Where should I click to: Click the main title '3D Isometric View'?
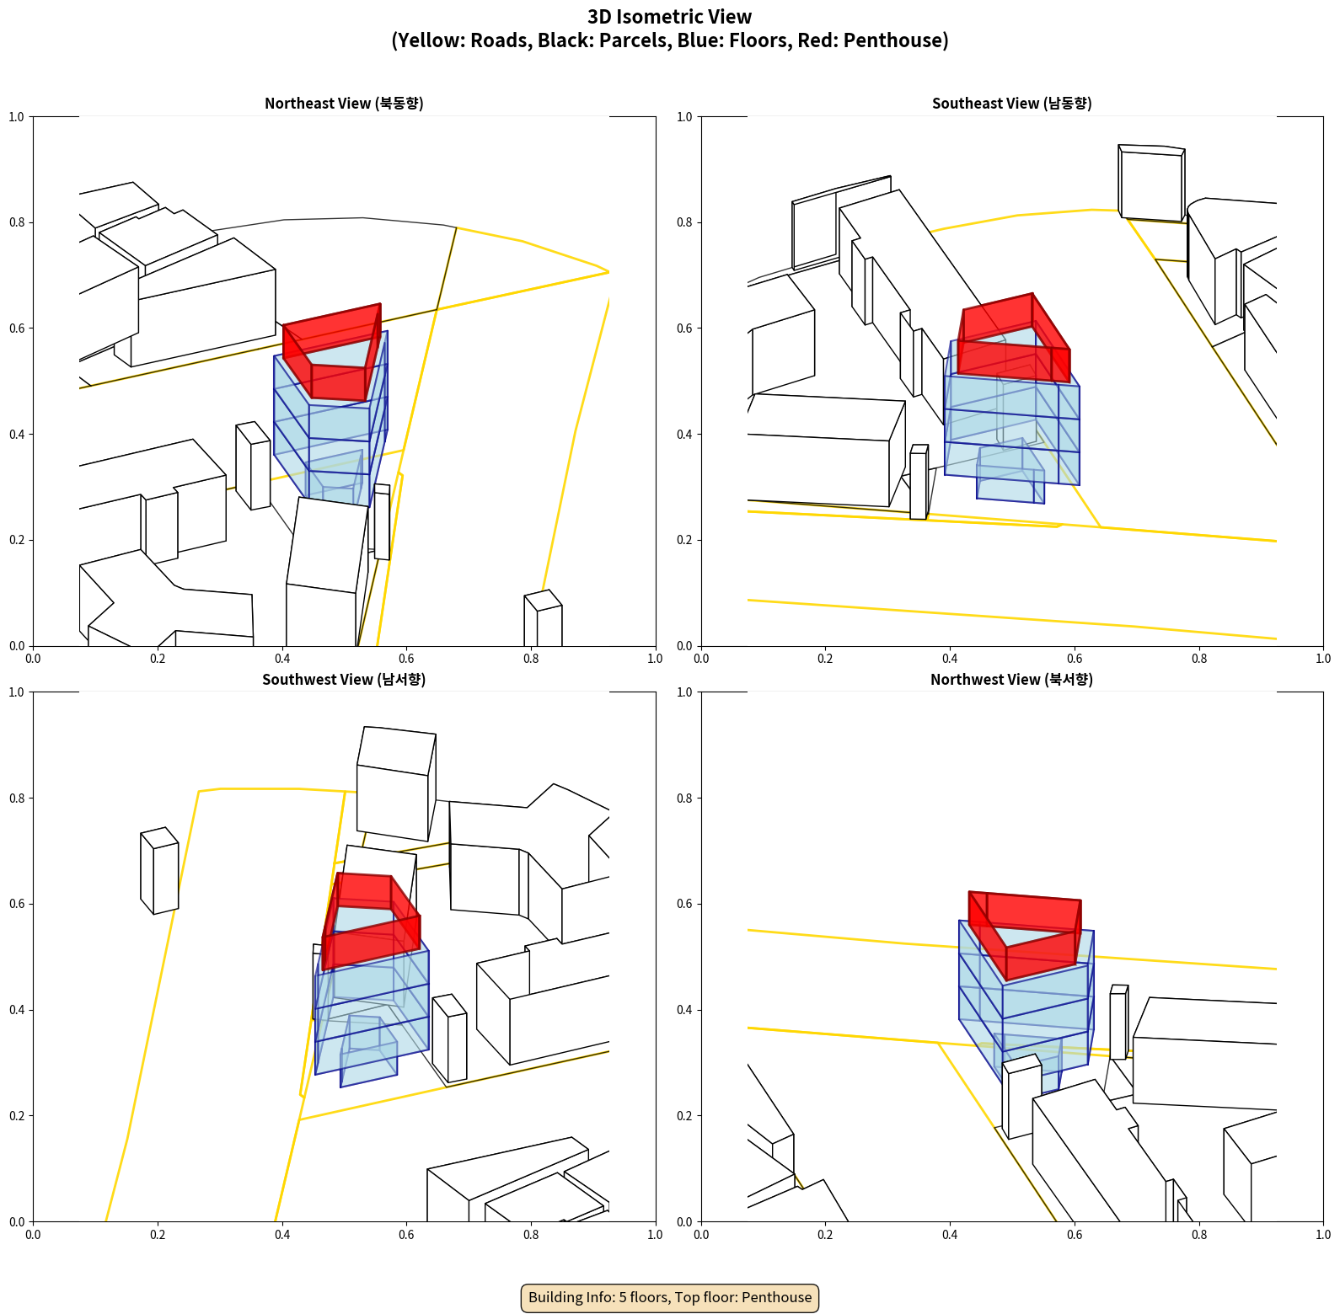point(670,17)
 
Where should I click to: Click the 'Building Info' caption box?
point(670,1297)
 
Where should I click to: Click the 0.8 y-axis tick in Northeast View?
point(17,222)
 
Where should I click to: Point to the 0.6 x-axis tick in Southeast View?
point(1075,659)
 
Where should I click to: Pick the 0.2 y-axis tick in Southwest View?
point(17,1115)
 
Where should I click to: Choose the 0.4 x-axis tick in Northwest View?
point(950,1235)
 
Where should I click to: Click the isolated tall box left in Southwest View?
point(159,871)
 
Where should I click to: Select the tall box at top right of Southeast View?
point(1152,184)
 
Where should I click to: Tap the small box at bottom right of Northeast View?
point(543,618)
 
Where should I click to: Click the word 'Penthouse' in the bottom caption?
point(776,1297)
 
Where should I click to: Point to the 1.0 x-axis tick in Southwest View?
point(655,1235)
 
